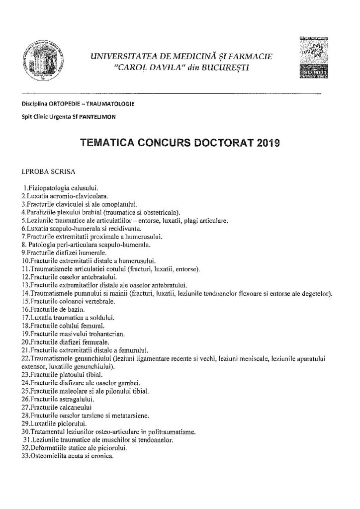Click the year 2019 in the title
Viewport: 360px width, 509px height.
tap(268, 143)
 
